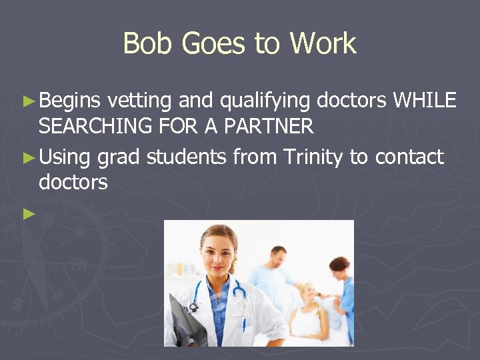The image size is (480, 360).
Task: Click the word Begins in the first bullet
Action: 69,101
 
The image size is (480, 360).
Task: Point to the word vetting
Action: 140,101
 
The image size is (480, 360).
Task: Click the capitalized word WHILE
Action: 425,101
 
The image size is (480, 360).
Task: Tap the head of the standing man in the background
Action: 278,257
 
